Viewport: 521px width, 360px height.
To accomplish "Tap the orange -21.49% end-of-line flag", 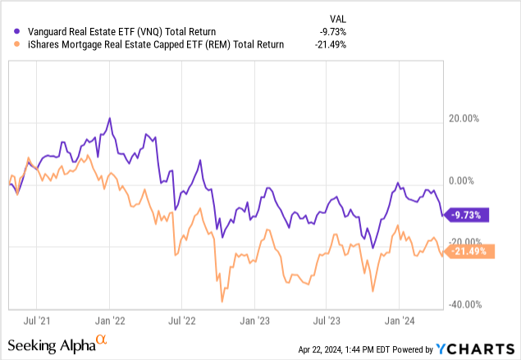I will click(470, 251).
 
